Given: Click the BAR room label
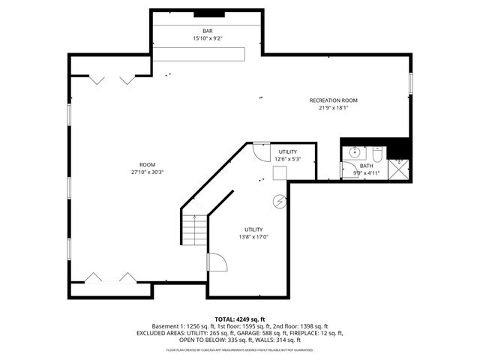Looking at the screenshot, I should (x=207, y=30).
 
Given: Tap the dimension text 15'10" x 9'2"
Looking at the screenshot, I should (x=207, y=37).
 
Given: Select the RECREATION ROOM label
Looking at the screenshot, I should (x=334, y=100).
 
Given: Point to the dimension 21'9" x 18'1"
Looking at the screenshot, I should (x=334, y=107).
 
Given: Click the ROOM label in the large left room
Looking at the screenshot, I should (x=147, y=164).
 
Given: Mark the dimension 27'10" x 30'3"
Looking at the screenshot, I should (x=147, y=172).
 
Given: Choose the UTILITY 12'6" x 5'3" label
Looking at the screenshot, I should (x=288, y=152).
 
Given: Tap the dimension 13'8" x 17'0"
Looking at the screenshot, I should (x=253, y=237).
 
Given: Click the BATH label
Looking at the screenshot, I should (x=366, y=166).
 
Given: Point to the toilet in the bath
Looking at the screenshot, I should (x=379, y=154).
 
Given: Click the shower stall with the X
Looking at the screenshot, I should (x=400, y=169).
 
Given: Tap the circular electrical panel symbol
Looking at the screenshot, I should (x=280, y=201).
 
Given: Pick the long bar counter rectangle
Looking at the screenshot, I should (x=200, y=53).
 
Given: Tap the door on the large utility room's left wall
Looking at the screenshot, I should (x=216, y=262).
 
